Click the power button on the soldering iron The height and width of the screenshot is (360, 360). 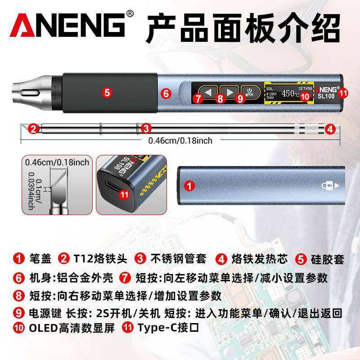coord(249,92)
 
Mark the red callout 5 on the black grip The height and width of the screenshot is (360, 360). coord(107,93)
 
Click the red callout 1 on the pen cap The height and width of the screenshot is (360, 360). coord(190,184)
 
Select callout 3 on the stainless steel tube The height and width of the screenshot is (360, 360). coord(145,129)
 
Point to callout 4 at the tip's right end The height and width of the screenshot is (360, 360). coord(330,129)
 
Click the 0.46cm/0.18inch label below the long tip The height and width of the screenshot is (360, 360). coord(180,140)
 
